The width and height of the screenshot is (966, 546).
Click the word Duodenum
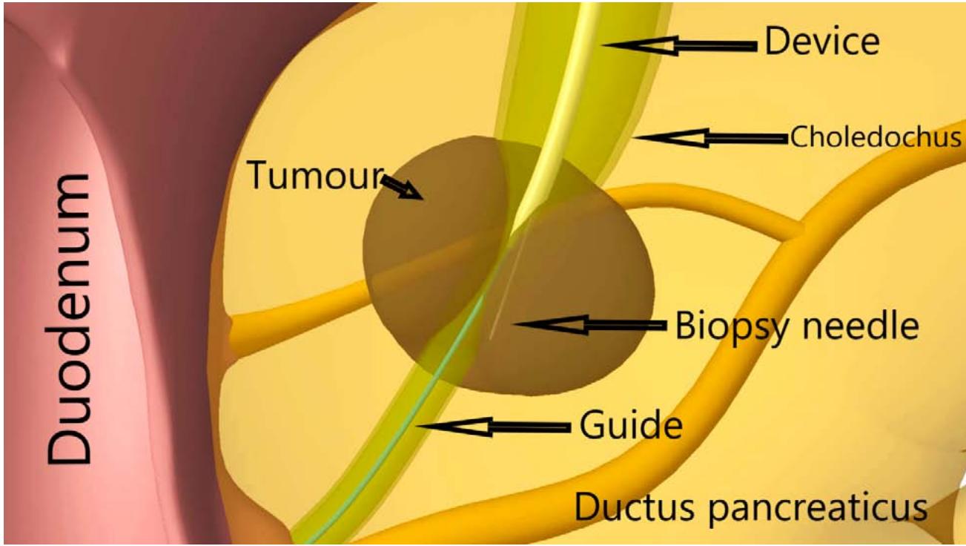pos(71,319)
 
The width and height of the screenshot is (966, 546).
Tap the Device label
pos(821,43)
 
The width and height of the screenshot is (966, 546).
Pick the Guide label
pos(630,426)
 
